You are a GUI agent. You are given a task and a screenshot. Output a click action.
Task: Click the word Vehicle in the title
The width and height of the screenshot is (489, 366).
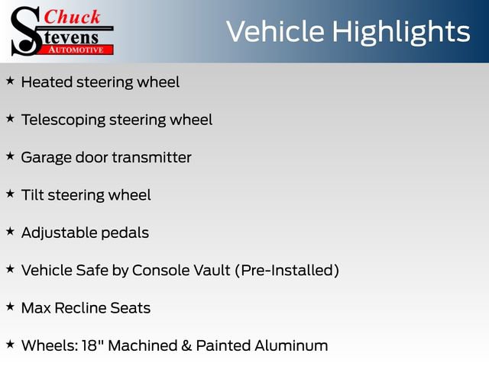274,31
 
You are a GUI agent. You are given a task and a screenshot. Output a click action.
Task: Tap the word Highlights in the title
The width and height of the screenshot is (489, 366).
400,33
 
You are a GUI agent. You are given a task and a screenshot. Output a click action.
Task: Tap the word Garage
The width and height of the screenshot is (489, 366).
46,158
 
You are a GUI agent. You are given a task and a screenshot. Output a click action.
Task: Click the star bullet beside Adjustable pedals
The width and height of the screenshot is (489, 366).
10,231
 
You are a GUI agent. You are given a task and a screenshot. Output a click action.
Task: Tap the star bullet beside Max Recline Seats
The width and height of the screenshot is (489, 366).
10,307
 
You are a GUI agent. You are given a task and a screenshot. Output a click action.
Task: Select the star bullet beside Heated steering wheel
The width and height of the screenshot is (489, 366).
10,81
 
